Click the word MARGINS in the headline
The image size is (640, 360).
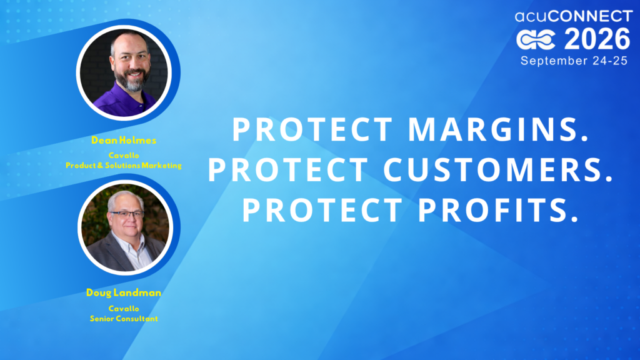click(499, 129)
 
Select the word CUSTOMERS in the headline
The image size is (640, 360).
click(498, 169)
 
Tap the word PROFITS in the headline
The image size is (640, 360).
click(498, 210)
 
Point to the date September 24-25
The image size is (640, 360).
click(574, 61)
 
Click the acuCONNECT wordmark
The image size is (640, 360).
click(574, 16)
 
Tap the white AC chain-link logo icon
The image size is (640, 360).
click(536, 39)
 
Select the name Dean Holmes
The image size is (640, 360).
click(124, 141)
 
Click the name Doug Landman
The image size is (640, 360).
click(124, 292)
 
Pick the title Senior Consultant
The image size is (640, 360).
click(124, 318)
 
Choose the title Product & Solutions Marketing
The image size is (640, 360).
click(124, 165)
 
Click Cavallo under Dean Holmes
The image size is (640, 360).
click(124, 156)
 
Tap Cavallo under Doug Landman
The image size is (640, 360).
click(124, 309)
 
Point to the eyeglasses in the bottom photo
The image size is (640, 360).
click(126, 214)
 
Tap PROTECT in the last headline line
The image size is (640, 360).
click(322, 210)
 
